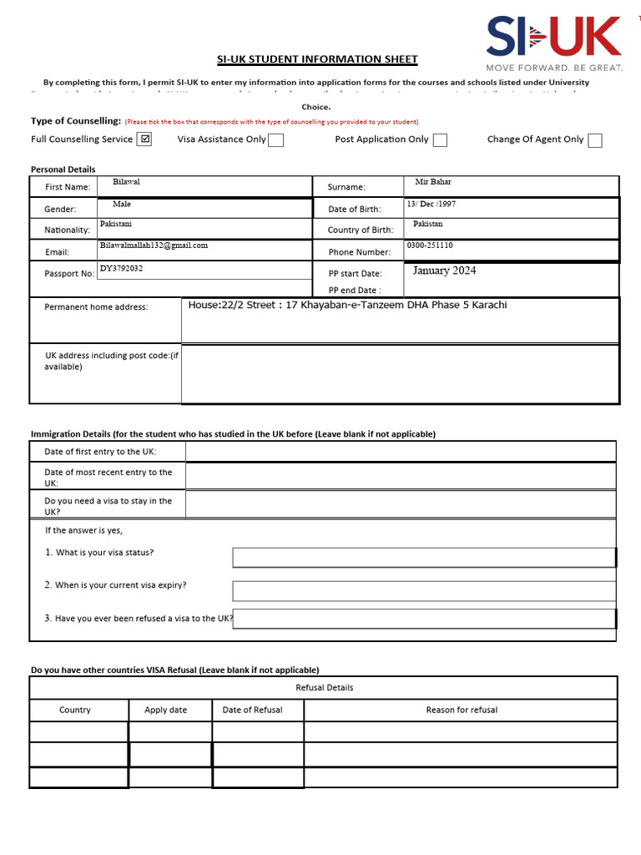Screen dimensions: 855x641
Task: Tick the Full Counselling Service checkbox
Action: pyautogui.click(x=144, y=139)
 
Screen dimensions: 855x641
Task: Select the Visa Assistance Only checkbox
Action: pyautogui.click(x=275, y=140)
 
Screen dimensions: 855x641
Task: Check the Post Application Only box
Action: pyautogui.click(x=440, y=140)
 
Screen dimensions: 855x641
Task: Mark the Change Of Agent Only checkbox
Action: pyautogui.click(x=594, y=140)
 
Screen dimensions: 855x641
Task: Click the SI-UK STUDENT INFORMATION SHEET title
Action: pyautogui.click(x=317, y=59)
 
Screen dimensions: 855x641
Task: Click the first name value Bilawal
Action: pyautogui.click(x=126, y=181)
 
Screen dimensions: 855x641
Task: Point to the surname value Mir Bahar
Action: pyautogui.click(x=432, y=182)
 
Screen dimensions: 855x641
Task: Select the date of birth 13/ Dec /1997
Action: pyautogui.click(x=431, y=204)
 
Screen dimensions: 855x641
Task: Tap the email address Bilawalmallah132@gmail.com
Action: pyautogui.click(x=154, y=245)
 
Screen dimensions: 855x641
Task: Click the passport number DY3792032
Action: pyautogui.click(x=121, y=268)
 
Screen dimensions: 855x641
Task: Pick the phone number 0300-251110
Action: pyautogui.click(x=430, y=245)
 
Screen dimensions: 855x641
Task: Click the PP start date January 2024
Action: pyautogui.click(x=444, y=271)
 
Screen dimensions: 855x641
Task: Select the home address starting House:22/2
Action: pyautogui.click(x=347, y=305)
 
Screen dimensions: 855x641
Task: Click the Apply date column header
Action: pyautogui.click(x=165, y=710)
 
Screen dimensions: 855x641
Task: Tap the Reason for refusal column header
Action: pyautogui.click(x=461, y=710)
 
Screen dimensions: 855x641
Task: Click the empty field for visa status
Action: pyautogui.click(x=423, y=558)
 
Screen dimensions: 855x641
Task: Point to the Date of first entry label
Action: pyautogui.click(x=100, y=452)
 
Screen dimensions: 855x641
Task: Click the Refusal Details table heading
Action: pyautogui.click(x=324, y=687)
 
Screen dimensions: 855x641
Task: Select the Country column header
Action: pyautogui.click(x=75, y=710)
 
